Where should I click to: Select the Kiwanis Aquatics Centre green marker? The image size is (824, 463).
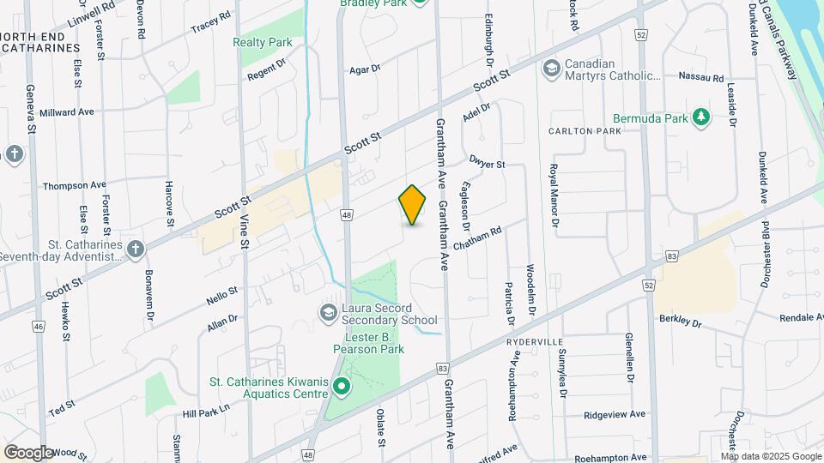point(341,388)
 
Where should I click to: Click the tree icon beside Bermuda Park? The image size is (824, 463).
point(701,117)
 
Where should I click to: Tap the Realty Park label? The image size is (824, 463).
point(263,42)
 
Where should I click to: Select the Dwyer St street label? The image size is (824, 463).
point(487,162)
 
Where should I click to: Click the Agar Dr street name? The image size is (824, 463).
point(365,69)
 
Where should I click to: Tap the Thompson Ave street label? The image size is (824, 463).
point(75,185)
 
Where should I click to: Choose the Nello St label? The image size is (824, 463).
point(222,296)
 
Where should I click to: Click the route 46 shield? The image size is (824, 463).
point(39,327)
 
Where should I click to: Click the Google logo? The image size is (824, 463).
point(28,452)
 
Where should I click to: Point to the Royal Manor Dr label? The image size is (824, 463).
point(554,195)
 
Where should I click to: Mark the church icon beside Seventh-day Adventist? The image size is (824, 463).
point(135,250)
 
